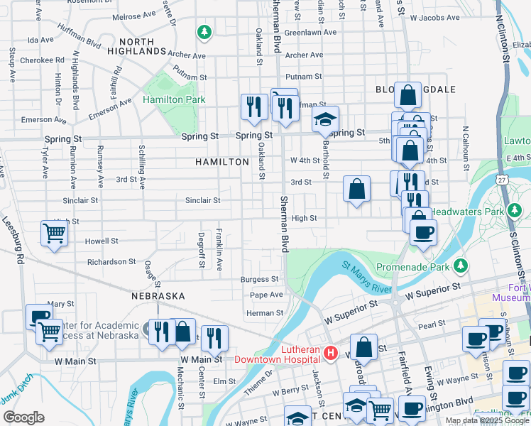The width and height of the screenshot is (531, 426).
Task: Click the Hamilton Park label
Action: pos(173,100)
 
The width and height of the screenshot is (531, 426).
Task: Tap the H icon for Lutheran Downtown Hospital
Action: pos(329,353)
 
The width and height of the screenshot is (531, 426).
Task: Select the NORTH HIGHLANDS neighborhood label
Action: pos(136,47)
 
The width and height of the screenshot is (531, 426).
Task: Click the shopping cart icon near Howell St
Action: pos(54,232)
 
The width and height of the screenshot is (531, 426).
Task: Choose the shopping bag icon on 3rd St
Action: pos(356,188)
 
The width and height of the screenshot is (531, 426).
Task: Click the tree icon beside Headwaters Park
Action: pos(514,211)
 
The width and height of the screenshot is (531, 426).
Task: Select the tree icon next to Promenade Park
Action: pos(461,266)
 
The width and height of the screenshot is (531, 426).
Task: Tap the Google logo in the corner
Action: pos(23,417)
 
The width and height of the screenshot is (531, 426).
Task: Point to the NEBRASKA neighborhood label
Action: pos(158,295)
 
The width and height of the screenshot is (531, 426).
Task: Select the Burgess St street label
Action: pos(259,280)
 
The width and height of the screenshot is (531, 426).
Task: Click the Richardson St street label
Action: pos(111,262)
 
